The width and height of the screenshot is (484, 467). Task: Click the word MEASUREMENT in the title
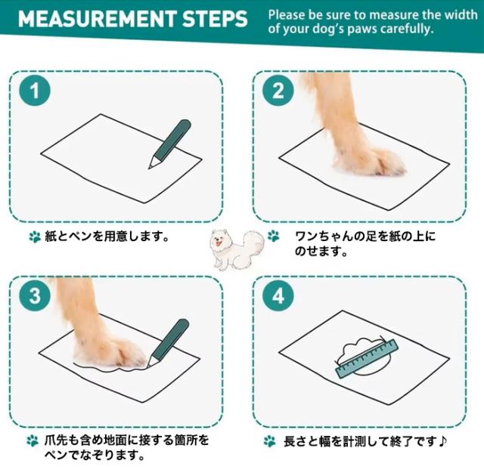pos(97,19)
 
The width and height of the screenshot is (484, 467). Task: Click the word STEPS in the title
pos(215,19)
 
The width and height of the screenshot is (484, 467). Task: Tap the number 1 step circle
pos(35,91)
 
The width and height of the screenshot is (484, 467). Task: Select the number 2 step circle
pos(278,91)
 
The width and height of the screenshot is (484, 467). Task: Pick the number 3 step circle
pos(35,295)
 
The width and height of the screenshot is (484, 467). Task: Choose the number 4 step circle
pos(278,296)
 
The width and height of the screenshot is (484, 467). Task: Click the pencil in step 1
pos(169,144)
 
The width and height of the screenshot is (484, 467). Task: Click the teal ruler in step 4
pos(367,358)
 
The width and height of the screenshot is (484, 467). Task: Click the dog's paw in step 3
pos(110,353)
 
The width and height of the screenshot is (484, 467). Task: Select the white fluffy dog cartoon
pos(237,249)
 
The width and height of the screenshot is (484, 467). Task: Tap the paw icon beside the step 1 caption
pos(35,237)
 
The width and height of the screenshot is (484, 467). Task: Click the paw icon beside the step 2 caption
pos(274,237)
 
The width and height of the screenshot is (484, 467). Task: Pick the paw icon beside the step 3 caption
pos(33,441)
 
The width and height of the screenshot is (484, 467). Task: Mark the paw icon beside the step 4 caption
pos(269,441)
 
